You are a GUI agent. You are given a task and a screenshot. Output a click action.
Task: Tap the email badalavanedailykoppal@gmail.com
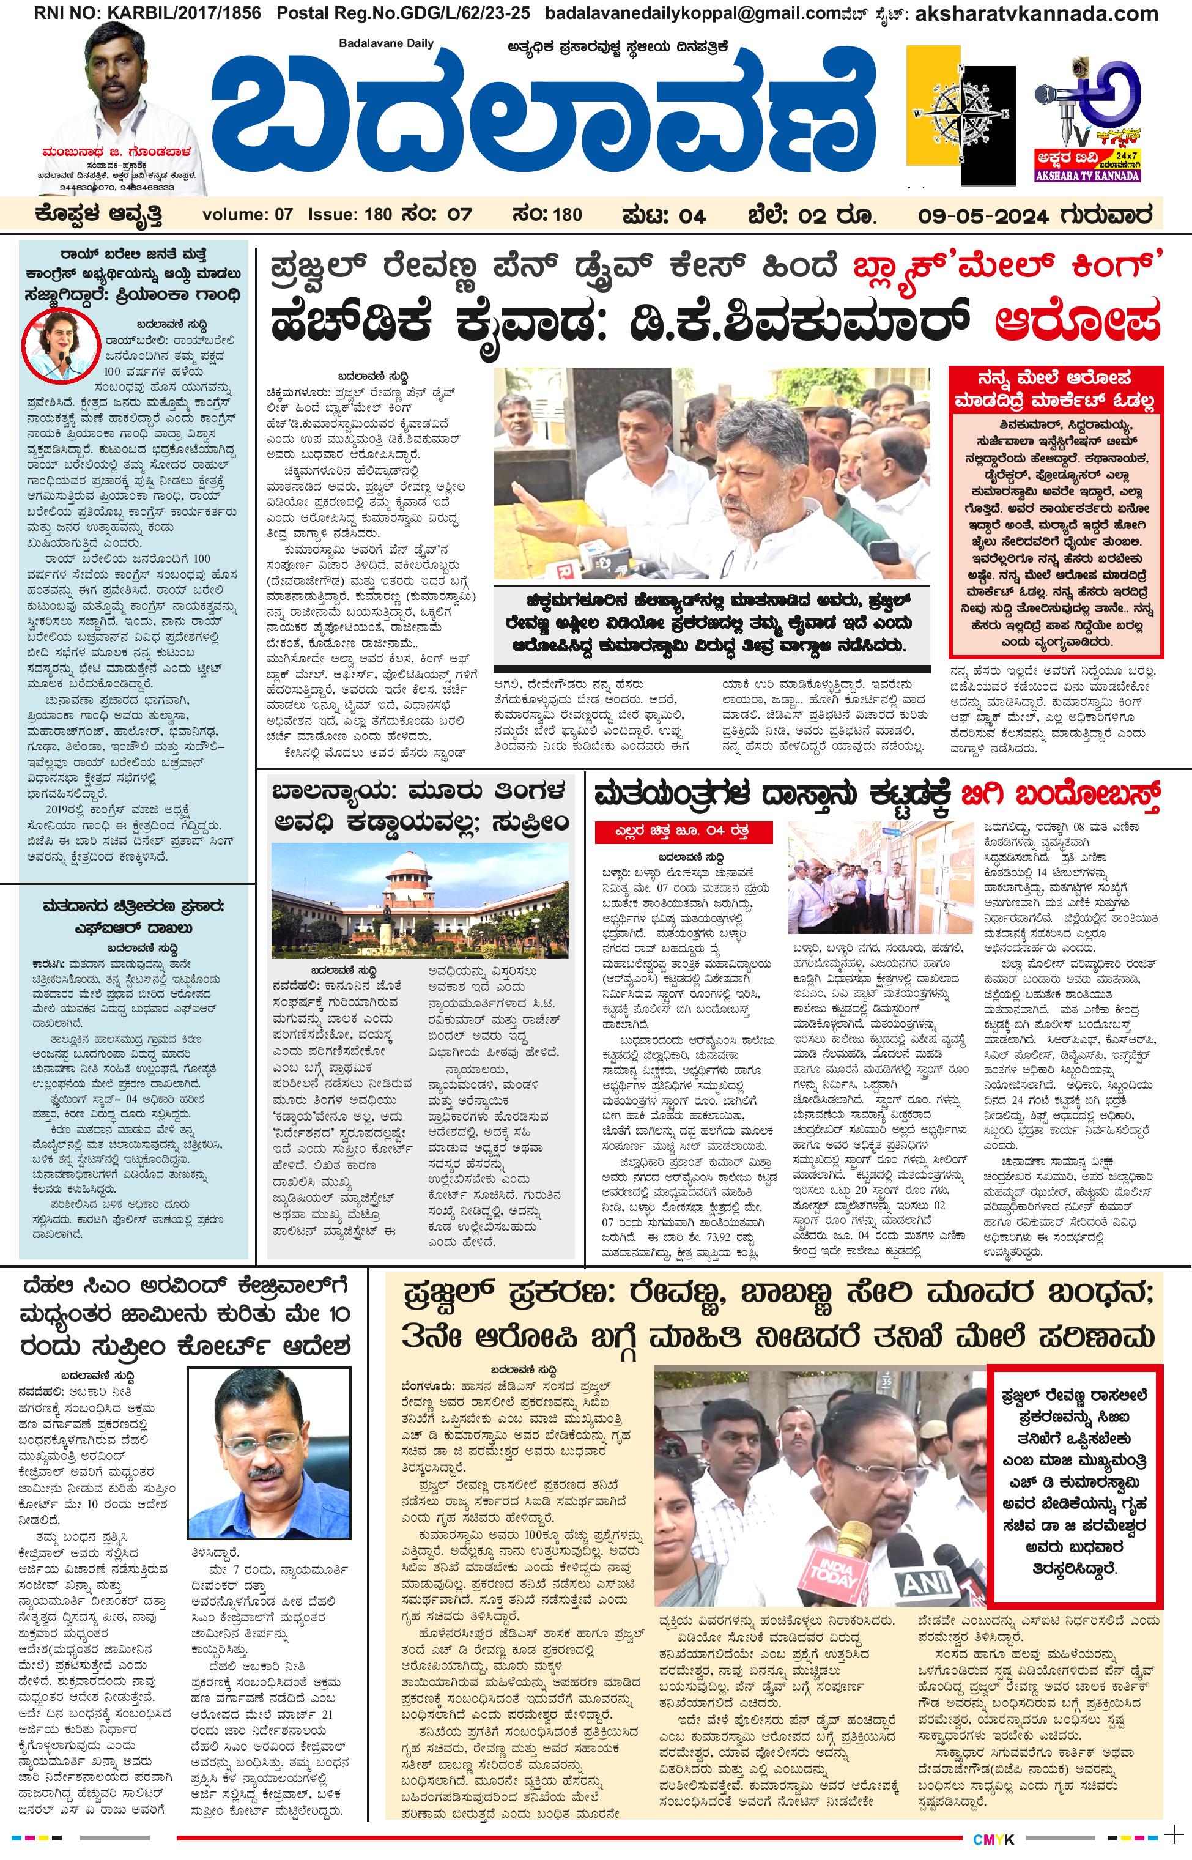661,13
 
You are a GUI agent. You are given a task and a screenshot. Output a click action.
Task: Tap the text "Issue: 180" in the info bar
350,215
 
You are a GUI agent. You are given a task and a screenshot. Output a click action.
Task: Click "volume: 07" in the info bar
247,215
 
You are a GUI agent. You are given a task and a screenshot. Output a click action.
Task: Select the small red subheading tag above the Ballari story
684,831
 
